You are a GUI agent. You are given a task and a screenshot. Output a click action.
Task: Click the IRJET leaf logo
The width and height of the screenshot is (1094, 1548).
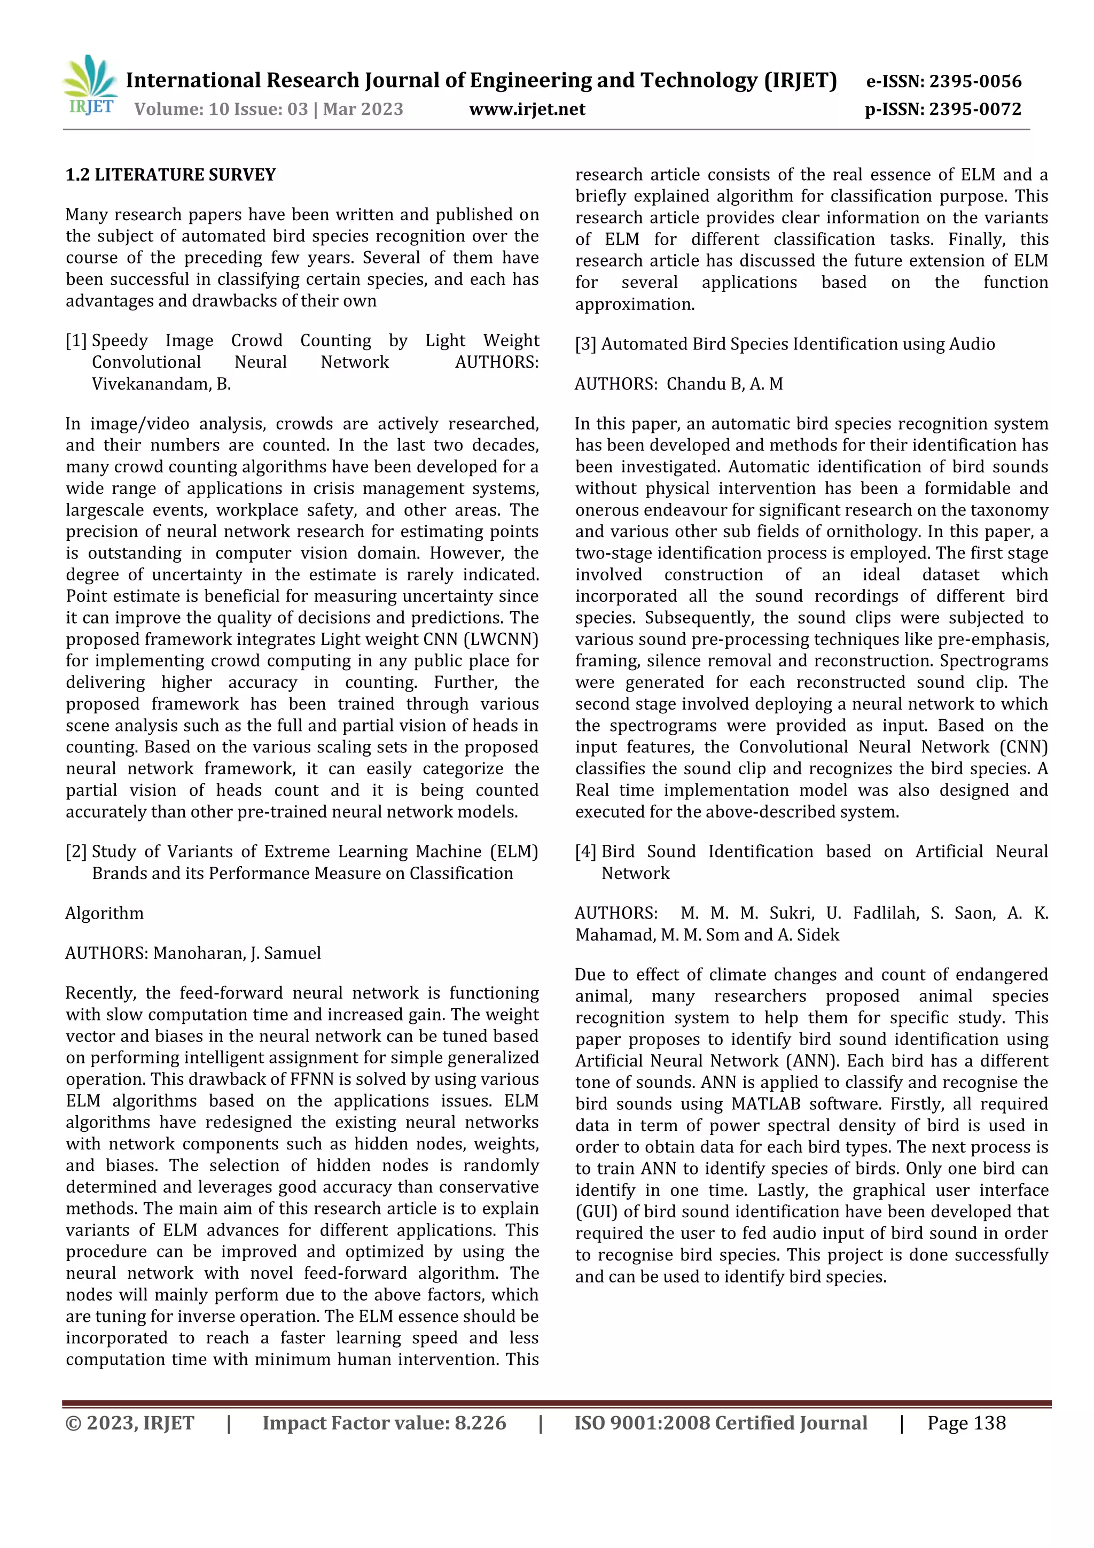click(x=90, y=85)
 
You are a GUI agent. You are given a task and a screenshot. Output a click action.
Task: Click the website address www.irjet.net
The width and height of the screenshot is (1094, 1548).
click(x=527, y=109)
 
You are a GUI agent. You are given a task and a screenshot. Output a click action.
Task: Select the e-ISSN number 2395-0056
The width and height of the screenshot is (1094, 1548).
click(x=975, y=82)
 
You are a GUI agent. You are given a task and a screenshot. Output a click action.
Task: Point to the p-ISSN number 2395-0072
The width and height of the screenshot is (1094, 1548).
click(x=975, y=109)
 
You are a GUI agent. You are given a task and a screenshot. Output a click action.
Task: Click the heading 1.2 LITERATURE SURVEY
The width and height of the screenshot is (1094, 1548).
click(x=170, y=175)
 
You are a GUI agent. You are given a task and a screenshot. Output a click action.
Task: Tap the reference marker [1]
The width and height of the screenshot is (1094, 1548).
click(x=76, y=341)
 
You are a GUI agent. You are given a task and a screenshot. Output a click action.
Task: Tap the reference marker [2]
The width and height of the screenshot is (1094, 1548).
click(x=76, y=852)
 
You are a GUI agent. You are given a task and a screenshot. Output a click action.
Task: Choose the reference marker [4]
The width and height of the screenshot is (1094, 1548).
click(x=586, y=852)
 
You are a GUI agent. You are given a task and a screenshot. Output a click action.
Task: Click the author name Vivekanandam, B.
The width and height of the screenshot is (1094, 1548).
click(x=162, y=384)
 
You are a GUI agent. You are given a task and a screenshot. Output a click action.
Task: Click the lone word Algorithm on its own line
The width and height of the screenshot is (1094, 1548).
click(x=105, y=914)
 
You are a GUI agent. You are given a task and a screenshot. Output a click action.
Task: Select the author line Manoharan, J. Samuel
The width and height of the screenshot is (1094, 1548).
click(x=237, y=953)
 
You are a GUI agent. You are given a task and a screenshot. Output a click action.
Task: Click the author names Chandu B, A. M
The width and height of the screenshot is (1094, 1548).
click(x=725, y=384)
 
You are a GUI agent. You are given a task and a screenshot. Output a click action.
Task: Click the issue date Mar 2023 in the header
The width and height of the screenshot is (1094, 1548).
click(x=363, y=109)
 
